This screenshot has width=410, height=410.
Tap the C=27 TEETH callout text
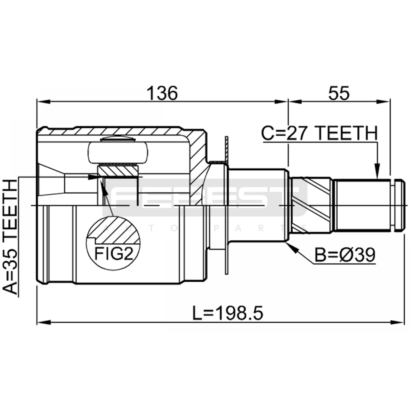pos(320,133)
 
